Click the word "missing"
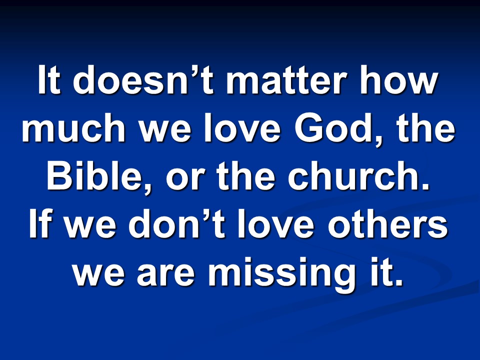280,274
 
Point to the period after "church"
426,186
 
